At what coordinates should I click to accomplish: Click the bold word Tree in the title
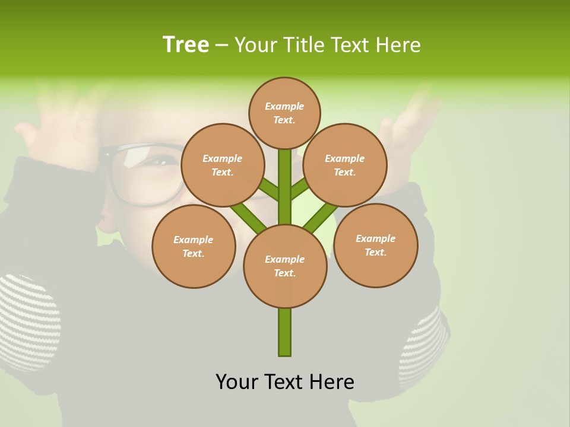point(186,45)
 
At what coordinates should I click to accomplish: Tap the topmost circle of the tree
point(284,113)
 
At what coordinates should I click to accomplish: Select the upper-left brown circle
point(222,165)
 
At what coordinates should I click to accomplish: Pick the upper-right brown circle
point(345,165)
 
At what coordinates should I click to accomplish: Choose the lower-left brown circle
point(194,246)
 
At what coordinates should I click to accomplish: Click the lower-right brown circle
point(375,245)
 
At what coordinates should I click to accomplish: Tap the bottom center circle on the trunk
point(285,266)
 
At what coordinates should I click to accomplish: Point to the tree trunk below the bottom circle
point(285,332)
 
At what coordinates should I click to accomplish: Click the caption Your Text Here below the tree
point(285,382)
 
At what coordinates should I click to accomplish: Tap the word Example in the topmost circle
point(284,106)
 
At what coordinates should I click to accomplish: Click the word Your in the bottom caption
point(236,382)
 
